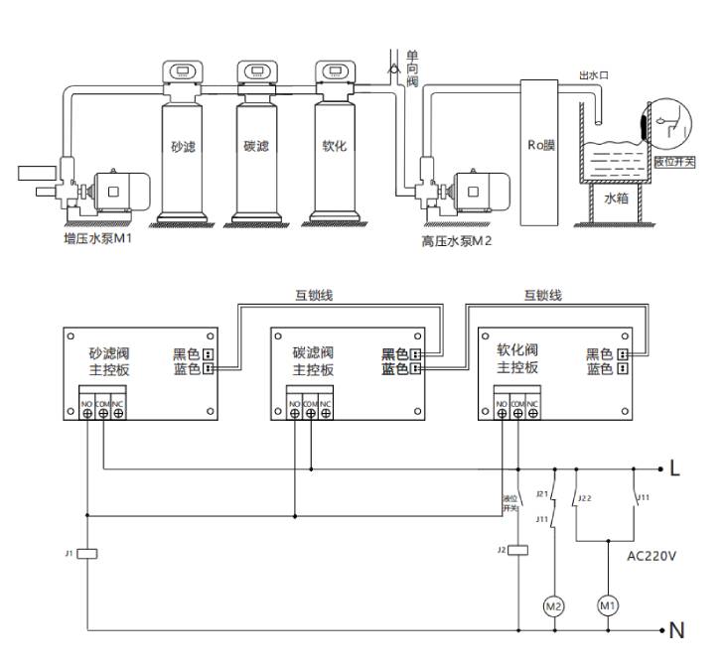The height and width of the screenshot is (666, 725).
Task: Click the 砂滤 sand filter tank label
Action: pyautogui.click(x=182, y=147)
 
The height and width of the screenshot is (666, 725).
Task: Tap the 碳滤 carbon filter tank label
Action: pyautogui.click(x=256, y=147)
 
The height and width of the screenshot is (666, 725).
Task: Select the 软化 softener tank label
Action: pyautogui.click(x=334, y=146)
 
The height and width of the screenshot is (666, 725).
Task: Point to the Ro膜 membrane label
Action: pyautogui.click(x=541, y=145)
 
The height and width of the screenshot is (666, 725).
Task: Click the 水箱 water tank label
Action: pyautogui.click(x=617, y=198)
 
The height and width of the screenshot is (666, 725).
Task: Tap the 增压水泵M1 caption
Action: pyautogui.click(x=98, y=238)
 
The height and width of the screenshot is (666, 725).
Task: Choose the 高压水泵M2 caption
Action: pyautogui.click(x=457, y=240)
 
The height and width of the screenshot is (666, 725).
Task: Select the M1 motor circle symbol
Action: pyautogui.click(x=607, y=604)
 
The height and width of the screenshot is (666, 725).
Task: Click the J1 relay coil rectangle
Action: pyautogui.click(x=86, y=553)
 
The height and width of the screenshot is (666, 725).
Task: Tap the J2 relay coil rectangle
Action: pyautogui.click(x=516, y=550)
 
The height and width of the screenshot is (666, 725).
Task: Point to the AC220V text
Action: pyautogui.click(x=652, y=556)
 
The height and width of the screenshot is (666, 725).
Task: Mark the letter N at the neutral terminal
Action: pyautogui.click(x=676, y=630)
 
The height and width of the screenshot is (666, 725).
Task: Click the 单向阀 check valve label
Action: pyautogui.click(x=411, y=68)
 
